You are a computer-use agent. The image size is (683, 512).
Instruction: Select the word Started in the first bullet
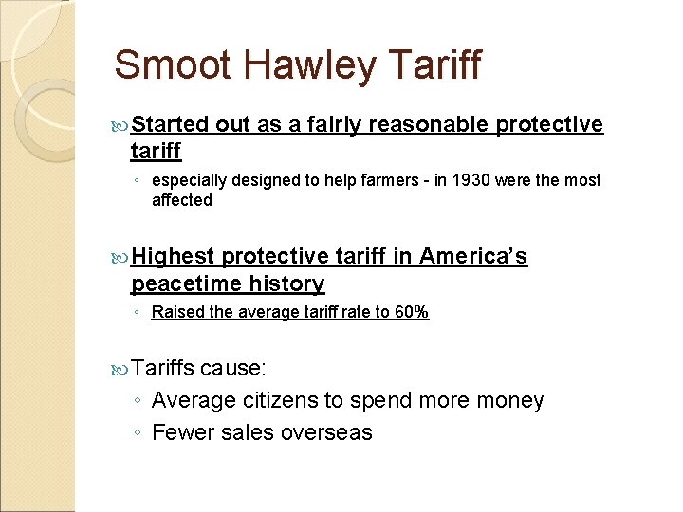170,125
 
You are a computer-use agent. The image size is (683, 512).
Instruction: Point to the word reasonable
430,125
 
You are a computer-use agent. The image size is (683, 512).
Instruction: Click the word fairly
327,125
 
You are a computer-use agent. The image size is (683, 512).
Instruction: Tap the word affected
181,200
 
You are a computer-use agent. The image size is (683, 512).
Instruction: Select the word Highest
173,256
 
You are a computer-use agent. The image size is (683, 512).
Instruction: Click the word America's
473,256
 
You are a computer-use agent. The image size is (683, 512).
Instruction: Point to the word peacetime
186,283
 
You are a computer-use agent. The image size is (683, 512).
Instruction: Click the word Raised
175,312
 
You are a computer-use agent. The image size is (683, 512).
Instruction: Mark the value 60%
411,312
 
